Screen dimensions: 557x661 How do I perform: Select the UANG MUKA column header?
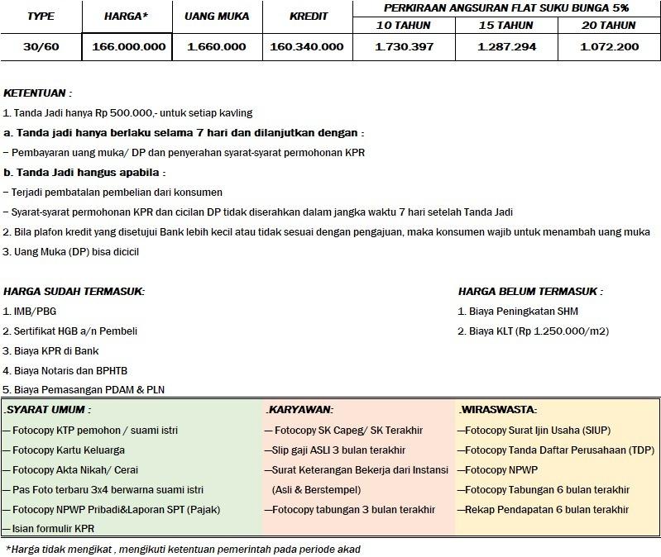[216, 17]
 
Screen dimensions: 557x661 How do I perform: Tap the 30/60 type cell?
[41, 46]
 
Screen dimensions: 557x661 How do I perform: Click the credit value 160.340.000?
[306, 46]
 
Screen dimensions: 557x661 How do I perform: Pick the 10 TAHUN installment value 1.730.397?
[404, 46]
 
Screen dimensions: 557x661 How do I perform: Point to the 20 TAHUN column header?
[608, 26]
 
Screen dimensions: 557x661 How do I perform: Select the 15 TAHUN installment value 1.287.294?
[506, 46]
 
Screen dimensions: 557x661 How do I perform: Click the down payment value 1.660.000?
[216, 46]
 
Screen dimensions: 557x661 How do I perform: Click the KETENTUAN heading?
[37, 93]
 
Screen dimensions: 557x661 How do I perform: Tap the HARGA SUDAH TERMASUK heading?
[74, 292]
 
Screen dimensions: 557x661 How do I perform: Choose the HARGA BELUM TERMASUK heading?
[530, 292]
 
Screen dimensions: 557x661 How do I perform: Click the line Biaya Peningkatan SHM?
[518, 312]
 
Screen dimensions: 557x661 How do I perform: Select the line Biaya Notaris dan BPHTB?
[65, 371]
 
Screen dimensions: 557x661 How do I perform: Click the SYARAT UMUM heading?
[47, 409]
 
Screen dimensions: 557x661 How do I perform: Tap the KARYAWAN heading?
[299, 409]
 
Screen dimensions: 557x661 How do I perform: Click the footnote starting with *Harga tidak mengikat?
[183, 549]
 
